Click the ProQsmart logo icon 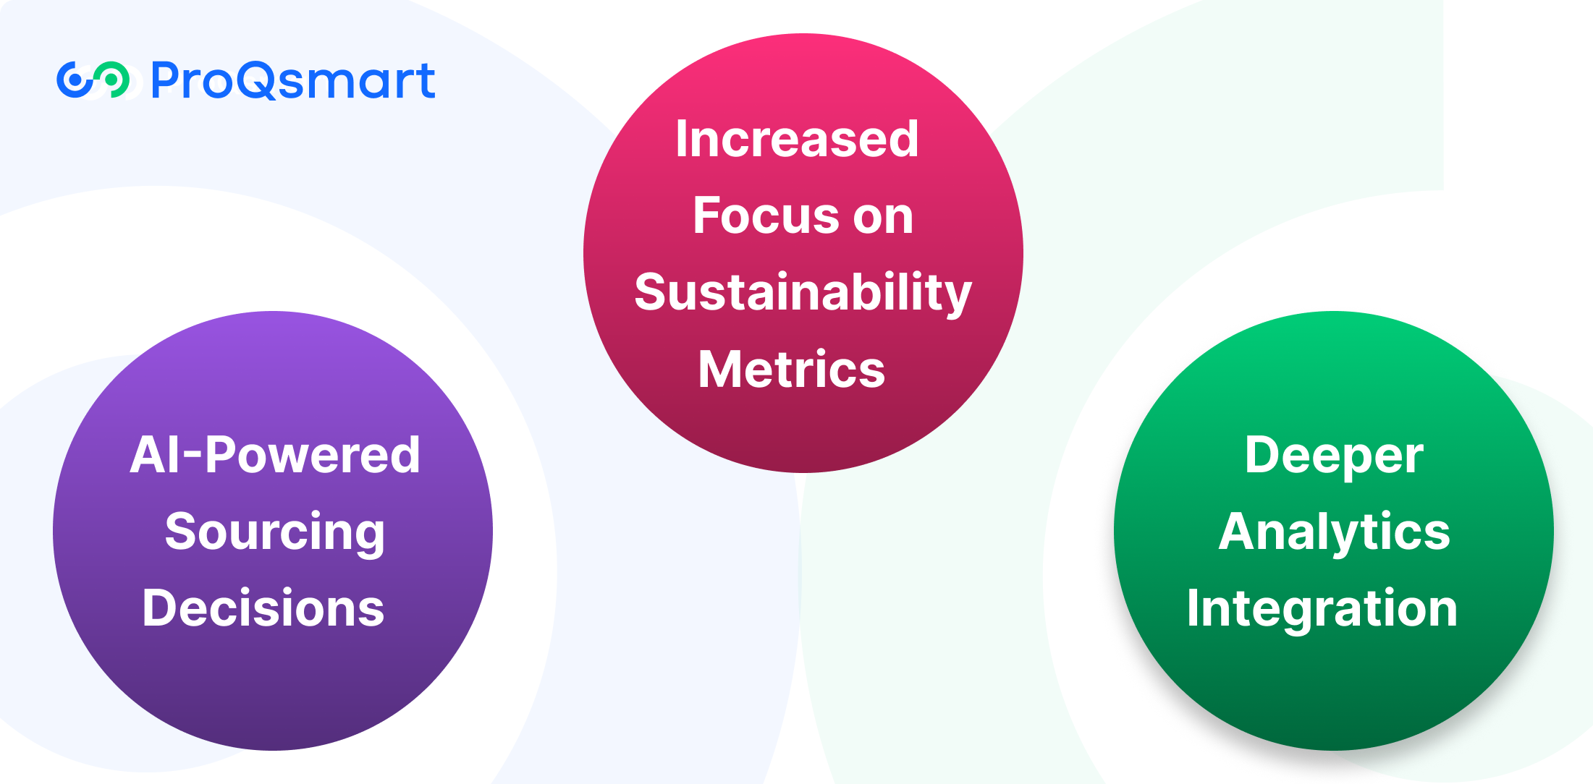(x=93, y=80)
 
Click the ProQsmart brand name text (x=293, y=80)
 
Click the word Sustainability (x=803, y=294)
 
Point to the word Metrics (x=792, y=370)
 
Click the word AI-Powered (x=275, y=455)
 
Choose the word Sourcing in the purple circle (x=275, y=533)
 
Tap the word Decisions (x=263, y=608)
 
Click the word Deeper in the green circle (x=1334, y=457)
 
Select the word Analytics (x=1335, y=533)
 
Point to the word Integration (x=1322, y=610)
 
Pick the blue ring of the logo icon (x=75, y=80)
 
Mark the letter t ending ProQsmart (x=426, y=80)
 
